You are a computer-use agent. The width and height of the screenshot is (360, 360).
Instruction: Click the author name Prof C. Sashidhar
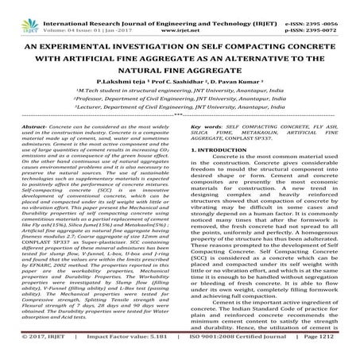pyautogui.click(x=181, y=82)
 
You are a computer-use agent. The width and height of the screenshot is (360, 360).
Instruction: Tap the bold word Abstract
pyautogui.click(x=36, y=126)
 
